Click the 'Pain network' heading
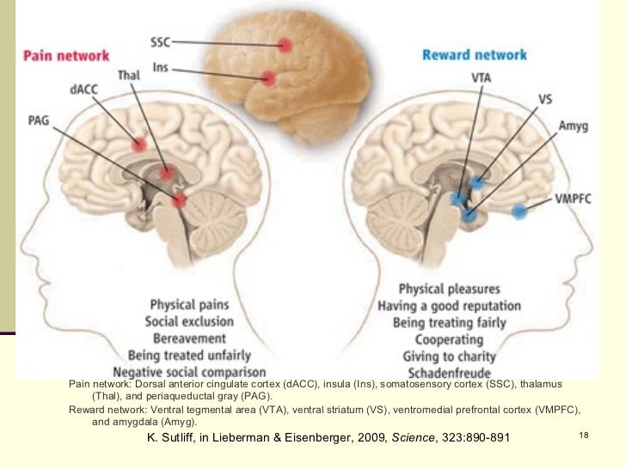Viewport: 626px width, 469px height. [x=65, y=56]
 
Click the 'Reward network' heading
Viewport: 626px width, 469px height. [x=474, y=56]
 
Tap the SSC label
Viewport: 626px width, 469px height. [x=161, y=40]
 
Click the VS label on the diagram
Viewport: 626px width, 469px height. [x=545, y=99]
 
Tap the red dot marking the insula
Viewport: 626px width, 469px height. [x=270, y=77]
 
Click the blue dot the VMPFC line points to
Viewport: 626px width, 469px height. [x=519, y=210]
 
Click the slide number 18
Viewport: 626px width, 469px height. [x=583, y=438]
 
